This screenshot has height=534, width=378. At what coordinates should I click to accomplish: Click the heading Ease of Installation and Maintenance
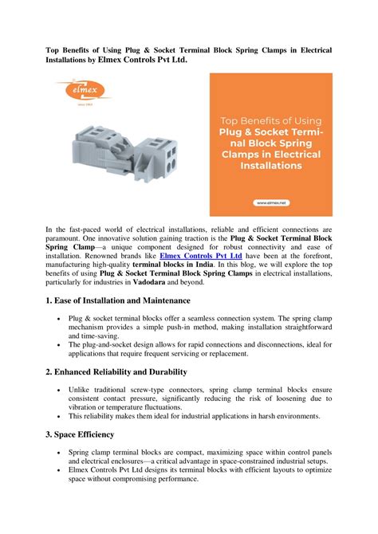click(118, 300)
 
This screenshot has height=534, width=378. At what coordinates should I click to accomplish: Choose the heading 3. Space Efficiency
click(80, 434)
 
